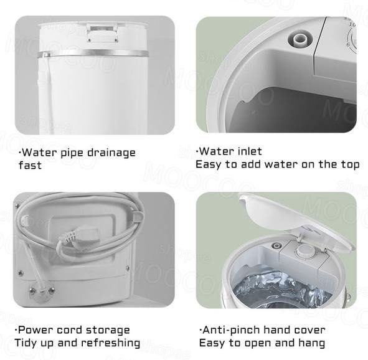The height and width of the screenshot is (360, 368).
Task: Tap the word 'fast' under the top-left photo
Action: tap(30, 166)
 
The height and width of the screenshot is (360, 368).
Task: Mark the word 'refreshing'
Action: tap(110, 343)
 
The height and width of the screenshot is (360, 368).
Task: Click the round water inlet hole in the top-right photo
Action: tap(300, 40)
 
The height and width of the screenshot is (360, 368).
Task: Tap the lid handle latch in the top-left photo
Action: tap(101, 32)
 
